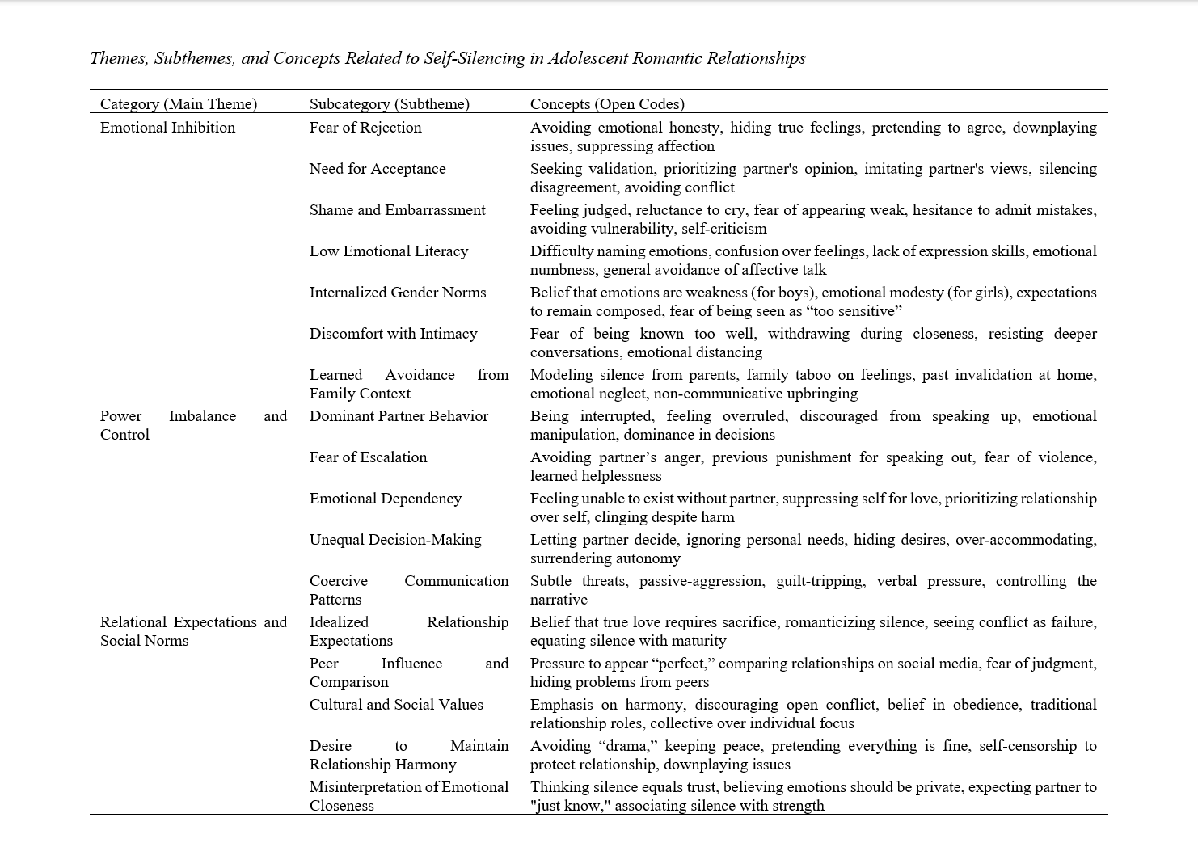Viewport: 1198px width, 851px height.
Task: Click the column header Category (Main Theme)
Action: point(179,104)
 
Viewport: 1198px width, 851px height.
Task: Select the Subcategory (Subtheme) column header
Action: point(389,104)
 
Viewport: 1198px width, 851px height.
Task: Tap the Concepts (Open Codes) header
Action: point(607,104)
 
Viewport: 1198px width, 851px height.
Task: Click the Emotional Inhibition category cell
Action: point(167,128)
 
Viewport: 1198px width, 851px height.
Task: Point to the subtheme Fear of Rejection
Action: point(365,128)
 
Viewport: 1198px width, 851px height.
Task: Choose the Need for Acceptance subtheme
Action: point(378,169)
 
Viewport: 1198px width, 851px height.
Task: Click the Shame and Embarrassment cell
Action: point(397,210)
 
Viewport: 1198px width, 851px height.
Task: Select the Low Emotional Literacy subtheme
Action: point(389,251)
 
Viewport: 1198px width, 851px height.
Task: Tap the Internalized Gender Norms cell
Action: point(398,293)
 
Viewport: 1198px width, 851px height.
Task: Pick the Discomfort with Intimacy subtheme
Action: point(393,334)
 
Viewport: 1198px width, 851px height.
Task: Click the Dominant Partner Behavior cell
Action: point(399,416)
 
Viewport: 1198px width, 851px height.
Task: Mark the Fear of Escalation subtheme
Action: point(368,457)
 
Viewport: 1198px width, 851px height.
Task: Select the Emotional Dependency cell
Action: point(386,499)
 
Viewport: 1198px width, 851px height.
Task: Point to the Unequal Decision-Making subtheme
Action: point(395,540)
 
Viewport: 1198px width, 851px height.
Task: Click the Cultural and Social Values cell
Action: point(396,705)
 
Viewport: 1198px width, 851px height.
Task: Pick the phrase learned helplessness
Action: point(596,476)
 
